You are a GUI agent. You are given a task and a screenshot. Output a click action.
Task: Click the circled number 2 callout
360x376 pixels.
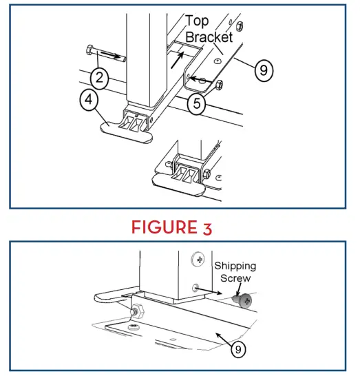click(99, 79)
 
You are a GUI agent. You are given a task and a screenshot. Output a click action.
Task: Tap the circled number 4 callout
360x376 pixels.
click(89, 99)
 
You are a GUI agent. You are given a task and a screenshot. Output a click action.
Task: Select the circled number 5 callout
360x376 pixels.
click(197, 103)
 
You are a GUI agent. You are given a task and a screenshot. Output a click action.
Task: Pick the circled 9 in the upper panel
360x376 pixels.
click(264, 70)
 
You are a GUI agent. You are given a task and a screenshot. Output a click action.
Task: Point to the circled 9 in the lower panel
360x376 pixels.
click(238, 349)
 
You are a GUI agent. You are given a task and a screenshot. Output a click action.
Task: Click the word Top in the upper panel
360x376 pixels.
click(197, 21)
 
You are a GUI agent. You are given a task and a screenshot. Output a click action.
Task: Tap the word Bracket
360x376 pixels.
click(209, 37)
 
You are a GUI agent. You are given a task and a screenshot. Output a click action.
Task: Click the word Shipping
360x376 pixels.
click(235, 267)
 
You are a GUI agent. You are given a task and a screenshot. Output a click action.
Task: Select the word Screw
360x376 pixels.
click(235, 278)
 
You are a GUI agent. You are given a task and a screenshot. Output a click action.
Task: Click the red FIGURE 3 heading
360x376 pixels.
click(171, 227)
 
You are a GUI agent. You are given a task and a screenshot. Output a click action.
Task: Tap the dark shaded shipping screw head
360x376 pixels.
click(242, 301)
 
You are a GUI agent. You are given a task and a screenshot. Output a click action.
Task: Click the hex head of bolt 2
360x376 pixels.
click(89, 50)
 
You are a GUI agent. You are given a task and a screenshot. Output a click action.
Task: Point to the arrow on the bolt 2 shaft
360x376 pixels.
click(109, 54)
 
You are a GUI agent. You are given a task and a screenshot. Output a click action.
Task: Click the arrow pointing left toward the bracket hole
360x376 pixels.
click(201, 80)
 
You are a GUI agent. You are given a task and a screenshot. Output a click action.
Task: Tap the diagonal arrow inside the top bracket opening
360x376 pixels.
click(178, 60)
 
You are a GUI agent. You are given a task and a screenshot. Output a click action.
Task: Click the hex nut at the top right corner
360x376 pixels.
click(240, 26)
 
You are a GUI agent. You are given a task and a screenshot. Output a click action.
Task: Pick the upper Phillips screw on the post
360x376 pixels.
click(198, 259)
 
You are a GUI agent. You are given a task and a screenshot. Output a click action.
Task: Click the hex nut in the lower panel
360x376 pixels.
click(138, 311)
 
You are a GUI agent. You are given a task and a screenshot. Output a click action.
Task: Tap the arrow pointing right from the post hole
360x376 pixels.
click(209, 291)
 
